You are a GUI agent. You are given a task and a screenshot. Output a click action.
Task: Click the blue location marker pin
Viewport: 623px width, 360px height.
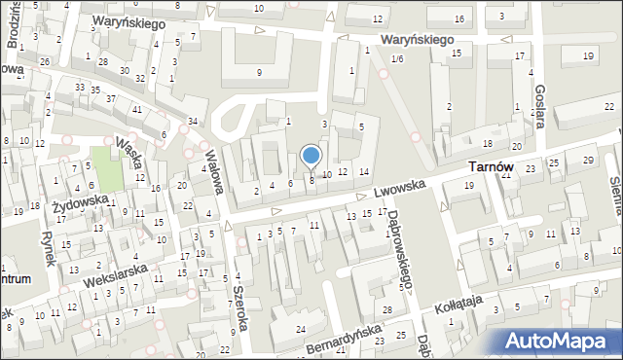[311, 156]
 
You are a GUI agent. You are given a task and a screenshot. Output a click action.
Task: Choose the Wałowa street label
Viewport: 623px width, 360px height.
[214, 166]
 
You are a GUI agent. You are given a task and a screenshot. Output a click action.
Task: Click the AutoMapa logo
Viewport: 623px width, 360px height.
[560, 342]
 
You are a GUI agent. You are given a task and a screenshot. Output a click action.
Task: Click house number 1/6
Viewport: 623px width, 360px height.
[396, 60]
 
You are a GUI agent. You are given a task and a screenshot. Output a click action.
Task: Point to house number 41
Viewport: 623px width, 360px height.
[137, 108]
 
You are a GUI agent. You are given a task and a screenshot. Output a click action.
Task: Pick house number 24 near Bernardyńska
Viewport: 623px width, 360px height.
[301, 331]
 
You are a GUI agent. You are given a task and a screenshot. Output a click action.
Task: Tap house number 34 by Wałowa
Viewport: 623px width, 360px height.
[193, 121]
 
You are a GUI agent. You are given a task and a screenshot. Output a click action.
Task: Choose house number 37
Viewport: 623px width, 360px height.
[111, 98]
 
